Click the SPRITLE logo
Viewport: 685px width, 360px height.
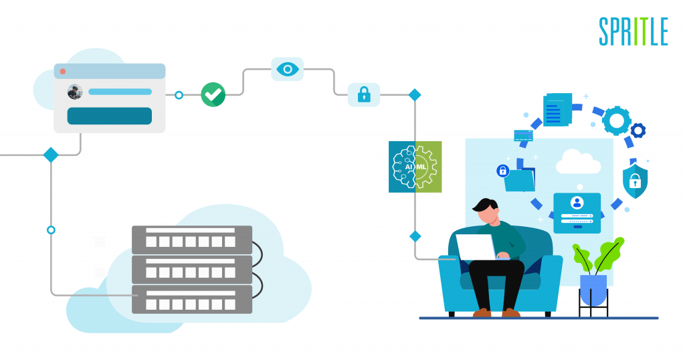[x=633, y=31]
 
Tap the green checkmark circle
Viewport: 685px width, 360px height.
[x=213, y=94]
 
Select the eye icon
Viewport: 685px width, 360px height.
[x=288, y=69]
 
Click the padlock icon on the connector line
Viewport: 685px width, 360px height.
[x=364, y=94]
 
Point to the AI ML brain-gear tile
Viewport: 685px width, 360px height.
[x=415, y=167]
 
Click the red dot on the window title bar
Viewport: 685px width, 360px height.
[x=62, y=71]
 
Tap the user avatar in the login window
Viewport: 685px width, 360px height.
[x=75, y=92]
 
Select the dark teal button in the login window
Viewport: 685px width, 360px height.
[x=109, y=116]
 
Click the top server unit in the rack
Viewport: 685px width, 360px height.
[x=192, y=240]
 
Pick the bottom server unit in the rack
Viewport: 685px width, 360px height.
[x=192, y=300]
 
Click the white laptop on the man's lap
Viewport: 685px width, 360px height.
[x=476, y=248]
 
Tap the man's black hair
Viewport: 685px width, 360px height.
[x=485, y=205]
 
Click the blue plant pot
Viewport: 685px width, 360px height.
[x=593, y=290]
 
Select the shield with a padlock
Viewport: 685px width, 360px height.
[x=635, y=179]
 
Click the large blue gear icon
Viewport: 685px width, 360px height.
[x=616, y=120]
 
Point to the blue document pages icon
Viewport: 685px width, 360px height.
[x=557, y=110]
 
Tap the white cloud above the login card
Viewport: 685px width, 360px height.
[x=578, y=162]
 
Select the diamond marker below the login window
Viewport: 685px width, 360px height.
[x=51, y=155]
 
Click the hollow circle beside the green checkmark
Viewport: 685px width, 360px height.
[x=179, y=95]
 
